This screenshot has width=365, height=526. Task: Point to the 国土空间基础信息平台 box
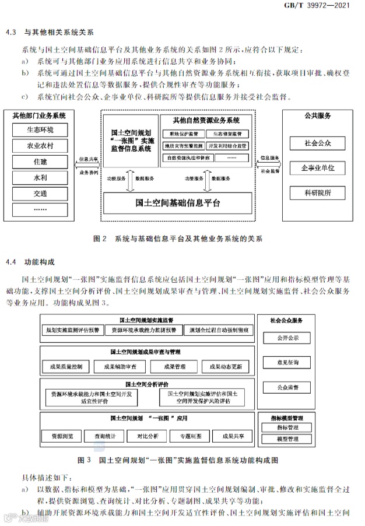click(177, 204)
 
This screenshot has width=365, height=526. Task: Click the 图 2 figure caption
click(178, 239)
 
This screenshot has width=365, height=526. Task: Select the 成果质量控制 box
click(66, 367)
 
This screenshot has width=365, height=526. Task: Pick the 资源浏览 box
click(62, 436)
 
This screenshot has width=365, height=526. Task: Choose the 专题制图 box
click(190, 436)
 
